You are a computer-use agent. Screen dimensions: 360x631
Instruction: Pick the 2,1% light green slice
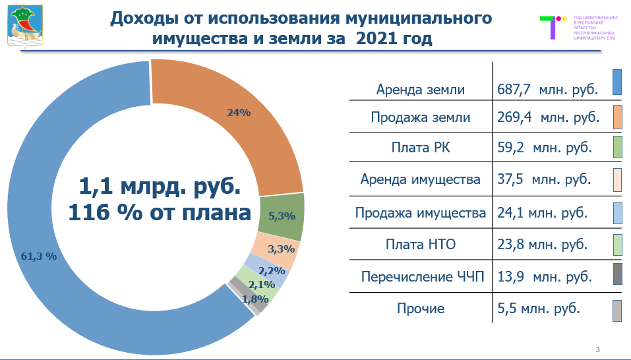click(x=262, y=284)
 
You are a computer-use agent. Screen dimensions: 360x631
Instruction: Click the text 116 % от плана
click(x=160, y=213)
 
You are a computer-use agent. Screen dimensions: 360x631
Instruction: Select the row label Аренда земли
click(x=421, y=90)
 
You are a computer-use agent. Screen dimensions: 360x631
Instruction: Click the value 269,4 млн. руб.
click(x=547, y=118)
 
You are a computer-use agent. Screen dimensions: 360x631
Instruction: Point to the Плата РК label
click(x=421, y=148)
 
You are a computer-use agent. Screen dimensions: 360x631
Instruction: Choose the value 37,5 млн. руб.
click(x=545, y=179)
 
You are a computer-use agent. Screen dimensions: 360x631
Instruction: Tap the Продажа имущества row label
click(x=421, y=213)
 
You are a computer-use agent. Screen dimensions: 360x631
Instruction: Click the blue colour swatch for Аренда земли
click(x=617, y=82)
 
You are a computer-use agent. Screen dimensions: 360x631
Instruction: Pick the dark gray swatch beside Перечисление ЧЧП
click(x=617, y=274)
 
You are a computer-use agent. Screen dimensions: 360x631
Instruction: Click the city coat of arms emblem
click(x=26, y=24)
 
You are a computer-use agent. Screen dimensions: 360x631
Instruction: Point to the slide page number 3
click(x=597, y=349)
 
